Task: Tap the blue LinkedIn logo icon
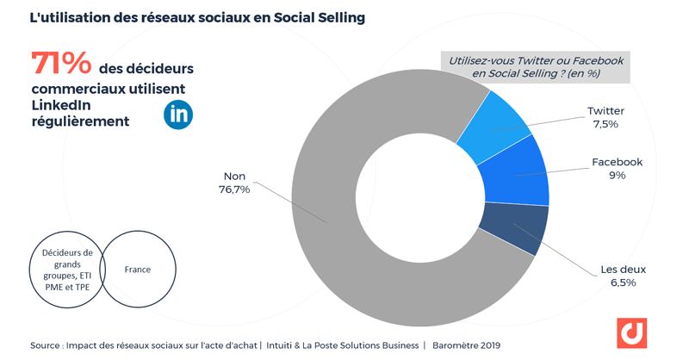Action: coord(178,114)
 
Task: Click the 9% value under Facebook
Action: coord(617,176)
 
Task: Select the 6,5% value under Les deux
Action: coord(623,282)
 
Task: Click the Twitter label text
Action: coord(605,111)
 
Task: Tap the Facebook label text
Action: coord(617,163)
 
